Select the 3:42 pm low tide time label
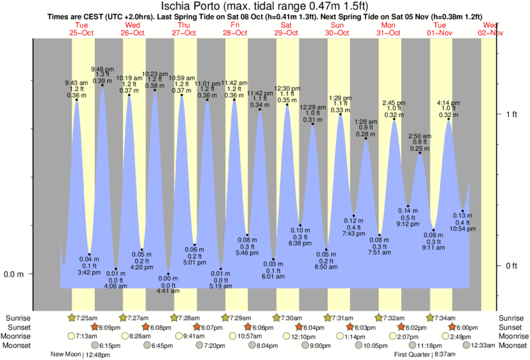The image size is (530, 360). (x=89, y=273)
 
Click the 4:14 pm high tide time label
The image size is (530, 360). (x=448, y=103)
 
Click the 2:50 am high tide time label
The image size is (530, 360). (x=419, y=136)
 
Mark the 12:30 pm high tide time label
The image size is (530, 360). (x=287, y=88)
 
